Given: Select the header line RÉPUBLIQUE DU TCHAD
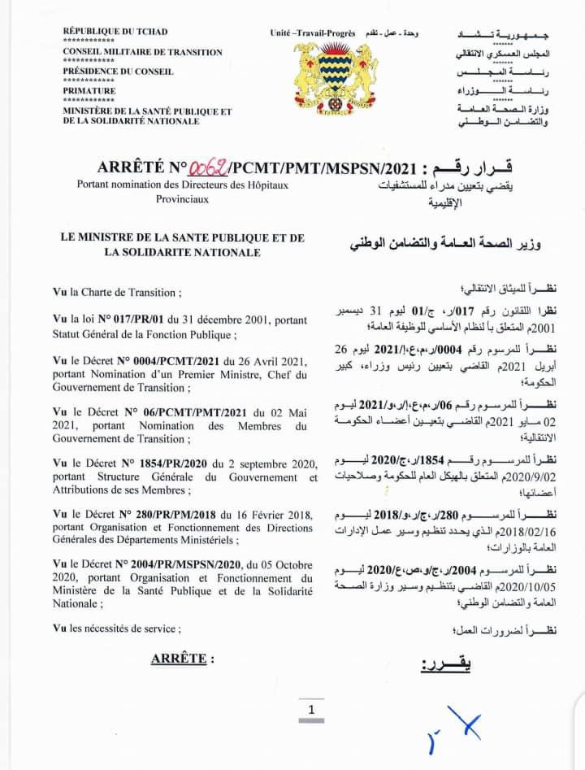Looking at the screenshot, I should (115, 32).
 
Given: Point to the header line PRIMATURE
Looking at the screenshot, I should (89, 91).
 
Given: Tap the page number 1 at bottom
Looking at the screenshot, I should (310, 709).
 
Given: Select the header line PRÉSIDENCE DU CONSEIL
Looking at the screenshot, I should (116, 72).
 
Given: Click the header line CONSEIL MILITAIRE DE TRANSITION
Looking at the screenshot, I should (142, 52).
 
